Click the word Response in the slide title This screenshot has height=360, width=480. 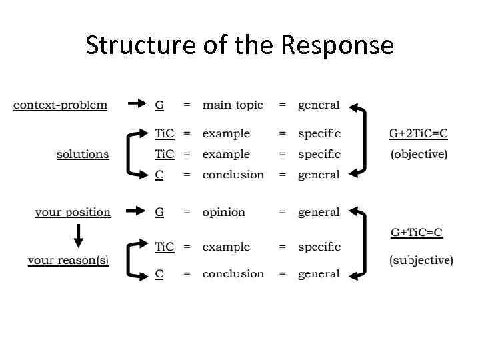pyautogui.click(x=337, y=46)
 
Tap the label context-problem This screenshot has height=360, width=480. pyautogui.click(x=60, y=105)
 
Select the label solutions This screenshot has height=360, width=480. pyautogui.click(x=83, y=154)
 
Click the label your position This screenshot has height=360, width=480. pyautogui.click(x=73, y=212)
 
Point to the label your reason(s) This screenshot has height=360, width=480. pyautogui.click(x=68, y=259)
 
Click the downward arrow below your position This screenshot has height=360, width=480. pyautogui.click(x=78, y=235)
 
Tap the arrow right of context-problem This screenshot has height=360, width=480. pyautogui.click(x=137, y=104)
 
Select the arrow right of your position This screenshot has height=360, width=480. pyautogui.click(x=137, y=211)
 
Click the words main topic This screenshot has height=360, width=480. pyautogui.click(x=233, y=105)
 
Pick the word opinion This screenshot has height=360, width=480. pyautogui.click(x=224, y=212)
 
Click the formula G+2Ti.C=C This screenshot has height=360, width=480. pyautogui.click(x=419, y=133)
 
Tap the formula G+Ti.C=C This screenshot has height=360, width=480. pyautogui.click(x=417, y=233)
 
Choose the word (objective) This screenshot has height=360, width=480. pyautogui.click(x=419, y=154)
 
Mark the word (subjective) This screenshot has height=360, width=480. pyautogui.click(x=421, y=259)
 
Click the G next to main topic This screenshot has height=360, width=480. pyautogui.click(x=159, y=105)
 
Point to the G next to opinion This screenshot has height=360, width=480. pyautogui.click(x=159, y=212)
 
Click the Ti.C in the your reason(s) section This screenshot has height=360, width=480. pyautogui.click(x=165, y=247)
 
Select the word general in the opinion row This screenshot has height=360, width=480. pyautogui.click(x=319, y=212)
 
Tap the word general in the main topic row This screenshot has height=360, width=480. pyautogui.click(x=319, y=105)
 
